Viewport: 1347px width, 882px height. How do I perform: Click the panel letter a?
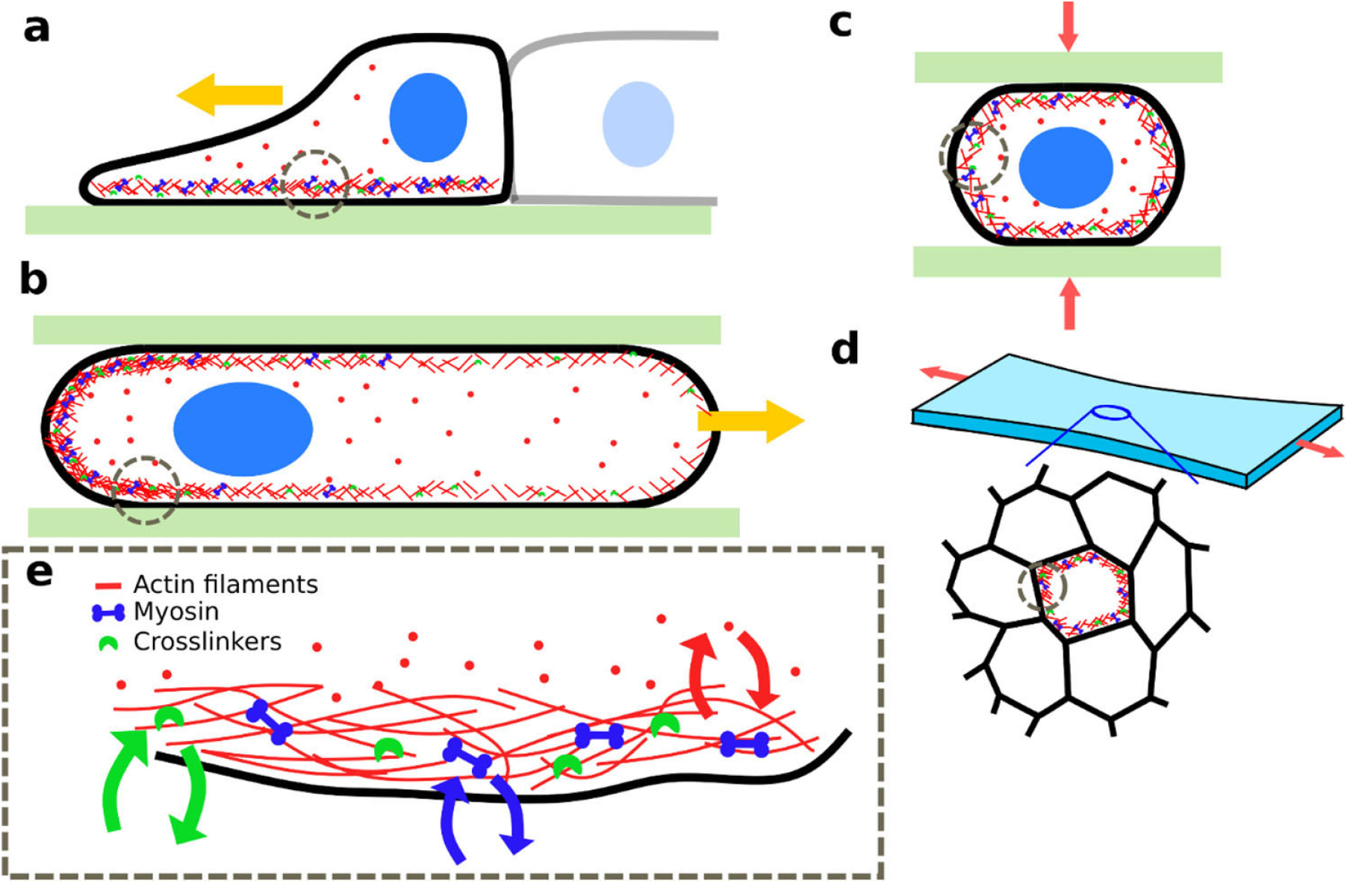click(36, 30)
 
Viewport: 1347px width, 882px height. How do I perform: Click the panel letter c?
click(840, 24)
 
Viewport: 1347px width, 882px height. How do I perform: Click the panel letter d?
click(844, 348)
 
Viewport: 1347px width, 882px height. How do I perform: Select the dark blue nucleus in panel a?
click(428, 117)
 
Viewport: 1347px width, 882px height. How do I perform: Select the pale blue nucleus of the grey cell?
click(638, 124)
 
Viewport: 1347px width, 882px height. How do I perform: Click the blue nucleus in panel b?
click(243, 429)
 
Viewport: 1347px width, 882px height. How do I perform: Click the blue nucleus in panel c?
click(1066, 167)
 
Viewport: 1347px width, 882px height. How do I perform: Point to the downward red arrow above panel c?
click(1068, 26)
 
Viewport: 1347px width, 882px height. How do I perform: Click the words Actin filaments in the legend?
click(225, 584)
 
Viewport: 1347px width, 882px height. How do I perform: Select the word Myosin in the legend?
click(176, 612)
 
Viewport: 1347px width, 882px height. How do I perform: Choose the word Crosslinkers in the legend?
click(207, 642)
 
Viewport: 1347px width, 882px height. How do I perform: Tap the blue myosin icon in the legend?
click(108, 613)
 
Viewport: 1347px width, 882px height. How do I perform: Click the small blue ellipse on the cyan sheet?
click(1111, 412)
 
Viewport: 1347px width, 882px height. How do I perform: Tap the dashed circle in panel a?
click(315, 183)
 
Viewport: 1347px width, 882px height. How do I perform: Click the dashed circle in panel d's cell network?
click(1042, 586)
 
